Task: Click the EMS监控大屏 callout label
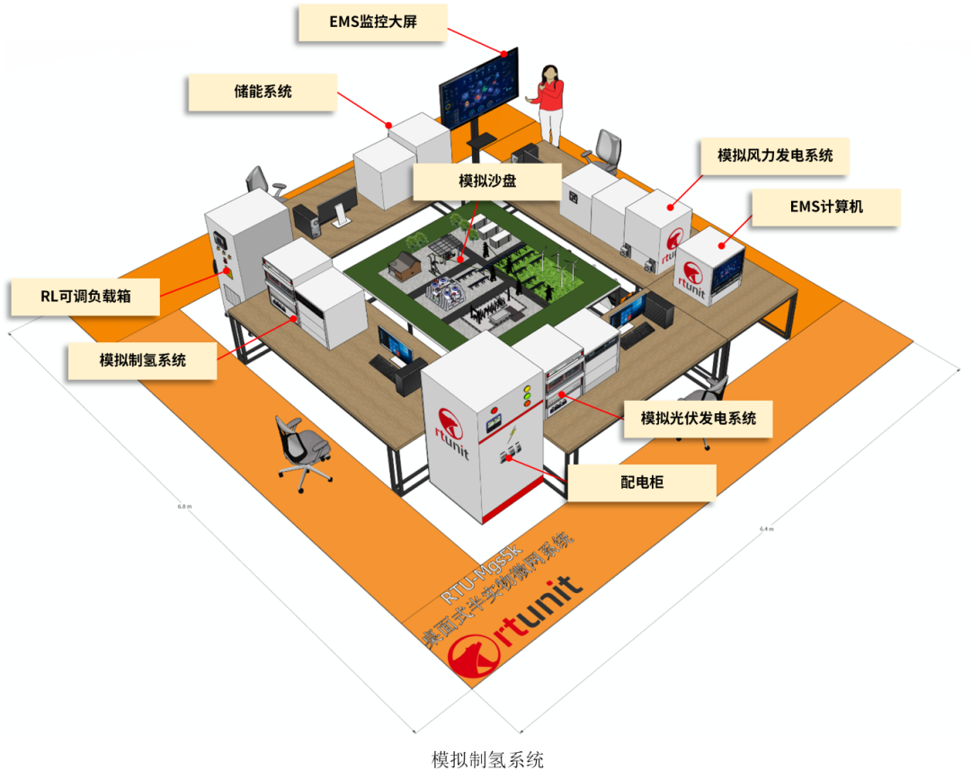click(x=371, y=22)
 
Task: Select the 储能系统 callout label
click(x=262, y=92)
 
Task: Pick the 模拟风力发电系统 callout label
click(x=775, y=155)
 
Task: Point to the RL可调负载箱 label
click(x=85, y=297)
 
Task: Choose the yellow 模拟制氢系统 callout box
click(x=143, y=360)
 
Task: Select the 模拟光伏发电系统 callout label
click(x=698, y=418)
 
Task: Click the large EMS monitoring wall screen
click(x=479, y=89)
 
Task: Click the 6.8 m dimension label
click(x=185, y=507)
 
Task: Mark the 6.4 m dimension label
click(x=766, y=528)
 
